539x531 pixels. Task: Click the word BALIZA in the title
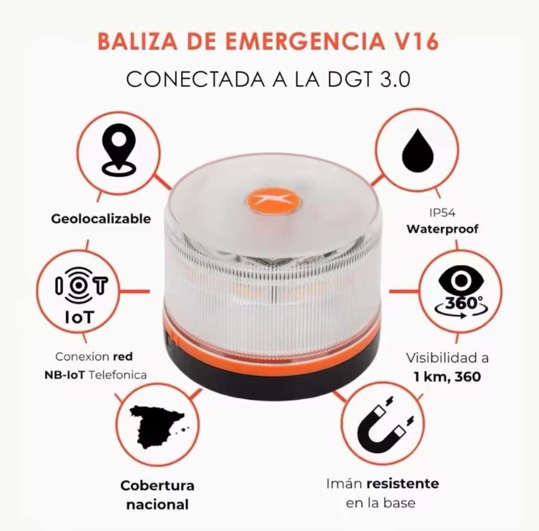point(137,42)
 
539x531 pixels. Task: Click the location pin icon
point(119,150)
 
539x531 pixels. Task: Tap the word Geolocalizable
point(101,218)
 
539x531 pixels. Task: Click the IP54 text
point(442,213)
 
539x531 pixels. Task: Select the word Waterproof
point(442,229)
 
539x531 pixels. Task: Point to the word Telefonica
point(117,375)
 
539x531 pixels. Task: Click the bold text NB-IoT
point(64,375)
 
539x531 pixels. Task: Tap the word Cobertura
point(157,486)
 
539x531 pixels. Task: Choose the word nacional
point(157,505)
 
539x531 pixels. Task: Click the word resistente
point(403,484)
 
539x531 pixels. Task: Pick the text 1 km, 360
point(447,377)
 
